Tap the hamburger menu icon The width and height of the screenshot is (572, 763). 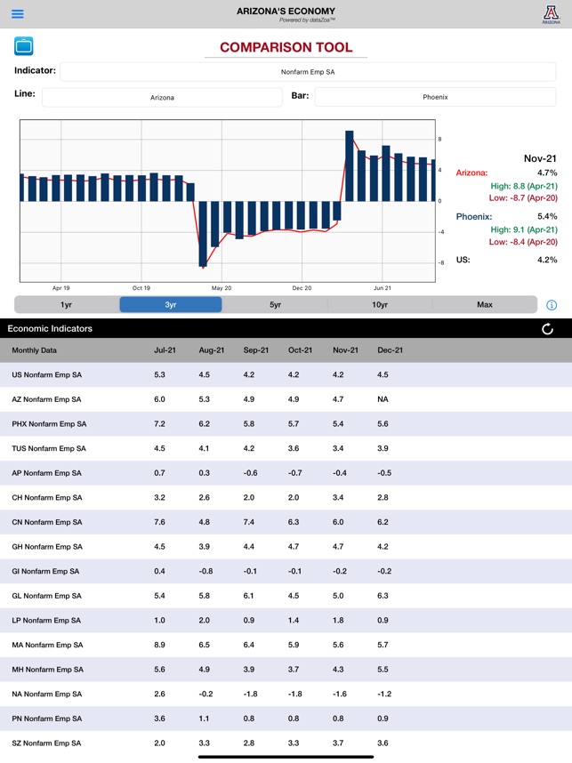tap(17, 14)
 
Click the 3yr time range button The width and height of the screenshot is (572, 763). tap(171, 304)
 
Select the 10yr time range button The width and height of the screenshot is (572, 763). tap(380, 304)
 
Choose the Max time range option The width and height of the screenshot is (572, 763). tap(484, 304)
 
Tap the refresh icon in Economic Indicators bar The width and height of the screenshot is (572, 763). tap(547, 329)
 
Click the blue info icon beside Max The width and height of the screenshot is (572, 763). tap(552, 305)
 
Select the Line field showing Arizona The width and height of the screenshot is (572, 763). tap(162, 97)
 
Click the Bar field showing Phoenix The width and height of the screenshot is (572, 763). tap(435, 97)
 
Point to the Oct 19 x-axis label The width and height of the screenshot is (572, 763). tap(141, 288)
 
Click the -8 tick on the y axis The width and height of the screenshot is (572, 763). tap(439, 263)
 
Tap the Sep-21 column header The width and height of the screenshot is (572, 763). tap(256, 350)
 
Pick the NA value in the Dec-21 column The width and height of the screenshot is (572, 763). tap(383, 399)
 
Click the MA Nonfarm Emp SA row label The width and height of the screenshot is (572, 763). tap(47, 645)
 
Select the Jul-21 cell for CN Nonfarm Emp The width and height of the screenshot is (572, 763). tap(159, 522)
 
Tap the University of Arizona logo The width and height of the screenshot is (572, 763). tap(552, 14)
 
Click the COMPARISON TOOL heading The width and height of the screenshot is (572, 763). tap(286, 48)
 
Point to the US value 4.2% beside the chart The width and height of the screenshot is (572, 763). tap(547, 260)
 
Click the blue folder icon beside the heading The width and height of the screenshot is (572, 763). tap(24, 46)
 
